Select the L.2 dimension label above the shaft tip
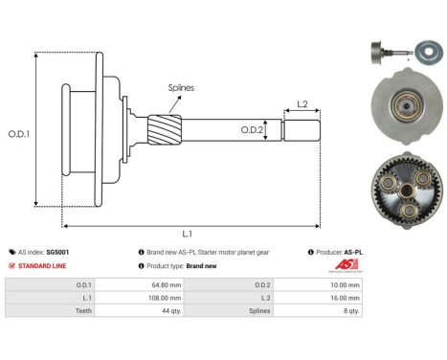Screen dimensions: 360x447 tap(302, 103)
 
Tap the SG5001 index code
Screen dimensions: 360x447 tap(58, 252)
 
